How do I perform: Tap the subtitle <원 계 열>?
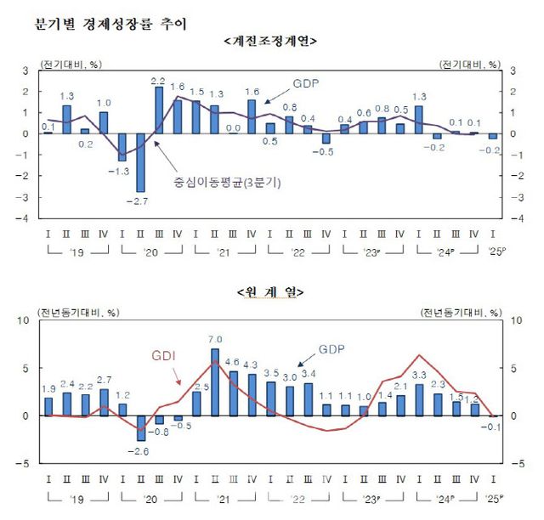coord(269,291)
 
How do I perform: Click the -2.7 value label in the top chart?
coord(139,201)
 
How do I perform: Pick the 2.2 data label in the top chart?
coord(158,81)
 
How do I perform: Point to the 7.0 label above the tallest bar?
coord(215,341)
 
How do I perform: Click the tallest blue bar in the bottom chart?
coord(215,382)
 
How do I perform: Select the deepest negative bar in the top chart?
coord(140,162)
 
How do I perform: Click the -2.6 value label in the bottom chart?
coord(139,450)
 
